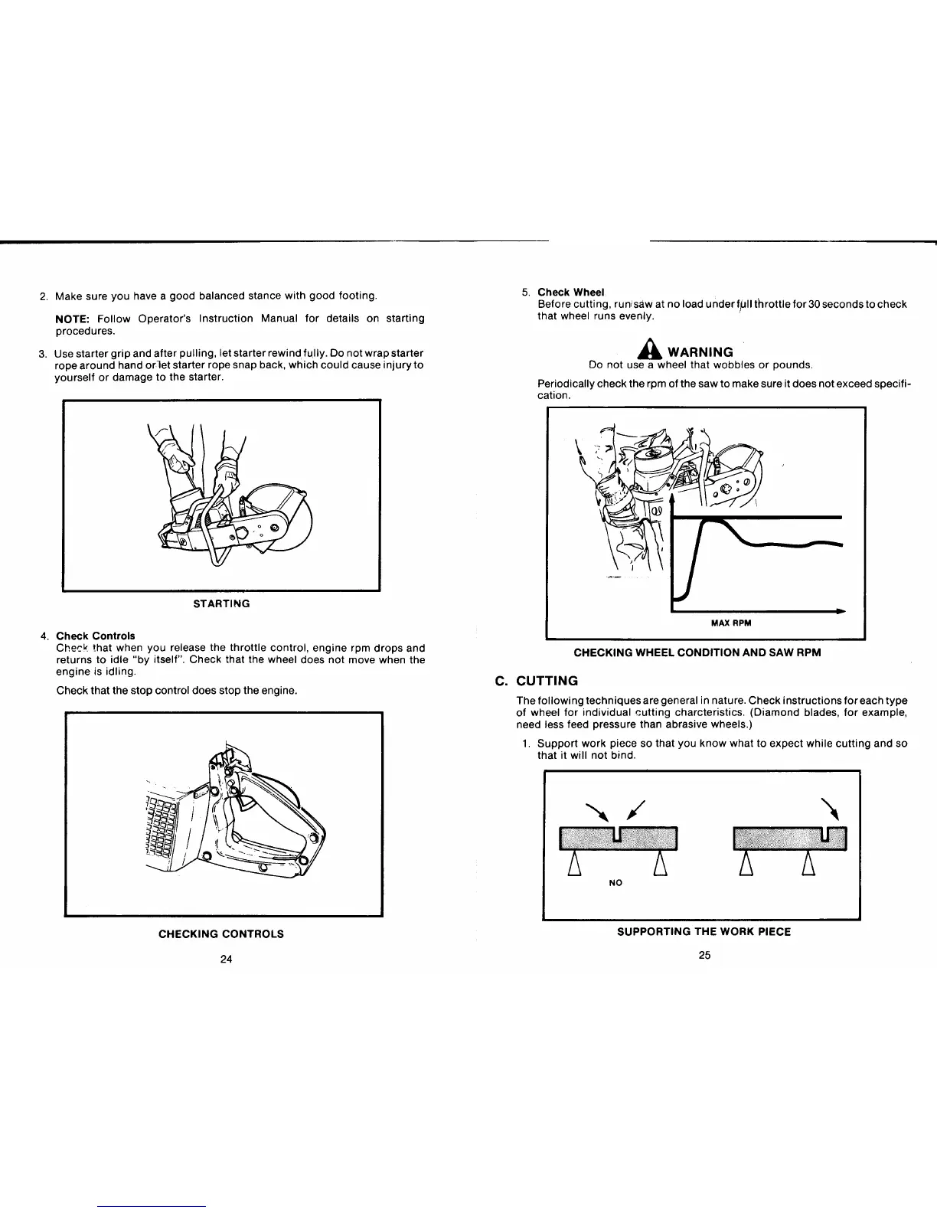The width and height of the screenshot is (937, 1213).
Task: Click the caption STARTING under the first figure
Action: [x=220, y=603]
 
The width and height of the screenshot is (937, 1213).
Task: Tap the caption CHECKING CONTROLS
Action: [x=220, y=933]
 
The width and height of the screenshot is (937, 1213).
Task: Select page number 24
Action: [x=226, y=960]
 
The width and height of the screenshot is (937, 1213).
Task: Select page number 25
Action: [x=705, y=955]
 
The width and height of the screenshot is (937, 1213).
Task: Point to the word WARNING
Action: [x=700, y=352]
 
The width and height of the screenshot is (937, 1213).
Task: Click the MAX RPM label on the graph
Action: [x=731, y=623]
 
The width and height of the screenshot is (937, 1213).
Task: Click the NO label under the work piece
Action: [x=615, y=883]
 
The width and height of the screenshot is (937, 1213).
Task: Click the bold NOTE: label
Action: [x=73, y=318]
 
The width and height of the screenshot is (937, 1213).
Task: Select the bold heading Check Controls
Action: [x=96, y=636]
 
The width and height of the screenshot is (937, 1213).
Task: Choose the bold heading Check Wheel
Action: [x=571, y=292]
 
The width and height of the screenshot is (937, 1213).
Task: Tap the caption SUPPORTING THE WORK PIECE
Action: [x=704, y=932]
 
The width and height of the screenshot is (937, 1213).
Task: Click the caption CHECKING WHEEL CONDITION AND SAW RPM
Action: [x=697, y=653]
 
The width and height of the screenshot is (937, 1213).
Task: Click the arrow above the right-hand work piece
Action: [x=829, y=808]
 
